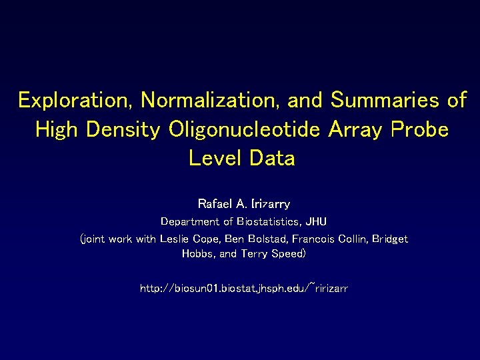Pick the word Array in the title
(x=353, y=129)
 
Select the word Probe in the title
(x=417, y=129)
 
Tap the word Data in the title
(x=272, y=159)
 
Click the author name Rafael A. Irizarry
(x=243, y=203)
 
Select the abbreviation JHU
(x=316, y=221)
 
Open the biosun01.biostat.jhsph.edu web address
(x=243, y=289)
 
